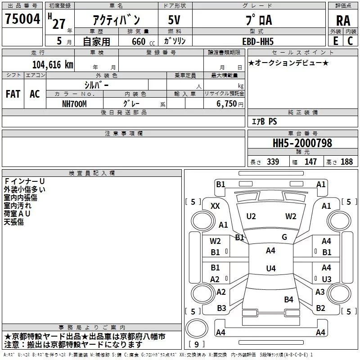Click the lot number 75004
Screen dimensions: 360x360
(x=22, y=19)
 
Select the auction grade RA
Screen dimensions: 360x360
(x=343, y=21)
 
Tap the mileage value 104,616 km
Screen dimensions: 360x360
(x=53, y=65)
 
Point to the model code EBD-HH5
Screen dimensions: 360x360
(x=258, y=41)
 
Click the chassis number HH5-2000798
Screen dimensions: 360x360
(x=302, y=143)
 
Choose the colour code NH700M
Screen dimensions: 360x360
(x=74, y=104)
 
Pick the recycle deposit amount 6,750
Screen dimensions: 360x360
(x=226, y=104)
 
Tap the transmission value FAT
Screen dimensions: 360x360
(x=13, y=94)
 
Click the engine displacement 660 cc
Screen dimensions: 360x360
(x=143, y=42)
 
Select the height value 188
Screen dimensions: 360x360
(x=346, y=162)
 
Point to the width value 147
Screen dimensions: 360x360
(x=310, y=162)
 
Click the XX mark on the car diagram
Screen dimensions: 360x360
(x=215, y=206)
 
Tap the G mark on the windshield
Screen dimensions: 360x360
(x=284, y=237)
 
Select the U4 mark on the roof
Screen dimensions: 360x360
(x=271, y=268)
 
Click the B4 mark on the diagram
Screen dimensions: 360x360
(x=288, y=299)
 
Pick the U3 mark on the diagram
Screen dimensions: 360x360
(x=327, y=279)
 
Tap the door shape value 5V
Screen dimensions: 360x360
(x=174, y=20)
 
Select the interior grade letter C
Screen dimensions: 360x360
(x=350, y=41)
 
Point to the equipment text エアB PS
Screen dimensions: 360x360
(x=265, y=121)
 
